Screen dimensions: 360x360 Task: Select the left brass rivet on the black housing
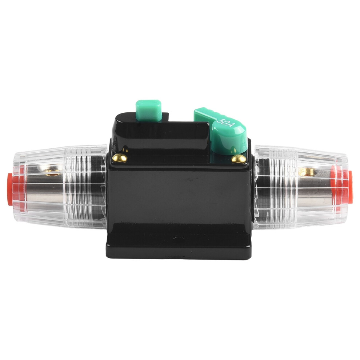point(120,158)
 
